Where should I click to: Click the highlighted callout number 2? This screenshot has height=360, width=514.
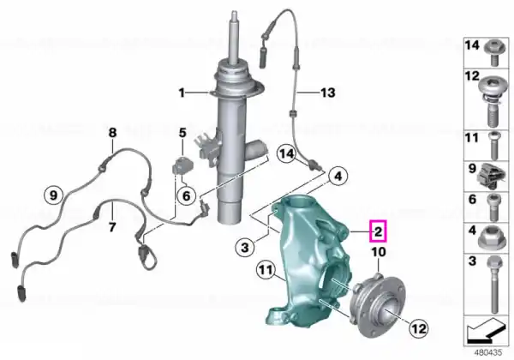[378, 231]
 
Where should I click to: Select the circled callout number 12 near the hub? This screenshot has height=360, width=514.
[419, 328]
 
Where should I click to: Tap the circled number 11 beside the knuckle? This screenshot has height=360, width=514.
[266, 270]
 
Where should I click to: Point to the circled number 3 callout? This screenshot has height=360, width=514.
[245, 247]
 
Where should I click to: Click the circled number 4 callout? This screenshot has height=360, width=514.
[338, 177]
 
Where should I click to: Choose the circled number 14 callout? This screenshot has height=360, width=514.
[287, 153]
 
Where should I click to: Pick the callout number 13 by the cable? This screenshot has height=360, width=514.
[328, 93]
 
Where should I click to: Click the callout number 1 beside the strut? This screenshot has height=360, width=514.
[182, 93]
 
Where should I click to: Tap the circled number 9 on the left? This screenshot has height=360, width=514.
[53, 195]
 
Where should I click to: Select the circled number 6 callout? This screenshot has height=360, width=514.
[186, 195]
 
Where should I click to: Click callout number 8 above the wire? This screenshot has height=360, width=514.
[112, 133]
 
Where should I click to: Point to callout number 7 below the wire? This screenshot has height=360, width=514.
[112, 226]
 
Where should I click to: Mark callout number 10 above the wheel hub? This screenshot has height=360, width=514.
[379, 252]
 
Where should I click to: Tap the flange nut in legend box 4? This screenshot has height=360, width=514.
[489, 237]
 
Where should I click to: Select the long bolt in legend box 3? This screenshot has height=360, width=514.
[493, 285]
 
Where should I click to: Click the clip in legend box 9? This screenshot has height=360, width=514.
[488, 177]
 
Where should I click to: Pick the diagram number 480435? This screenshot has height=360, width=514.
[488, 353]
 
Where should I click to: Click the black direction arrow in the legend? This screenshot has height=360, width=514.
[486, 331]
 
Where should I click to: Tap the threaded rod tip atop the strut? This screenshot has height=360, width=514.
[235, 15]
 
